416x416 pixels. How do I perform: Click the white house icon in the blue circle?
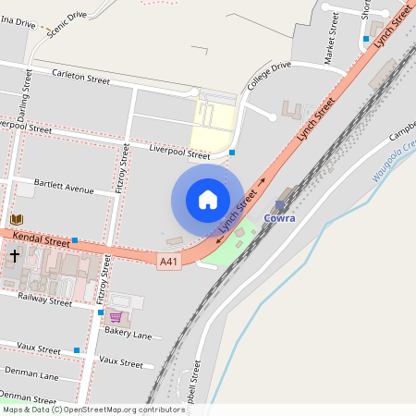[x=208, y=200]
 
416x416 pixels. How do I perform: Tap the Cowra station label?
[x=280, y=218]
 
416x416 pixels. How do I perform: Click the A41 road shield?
[x=168, y=262]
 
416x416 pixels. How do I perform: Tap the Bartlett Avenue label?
[x=64, y=189]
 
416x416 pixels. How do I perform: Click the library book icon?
[x=17, y=219]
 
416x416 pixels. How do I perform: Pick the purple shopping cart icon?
[x=116, y=316]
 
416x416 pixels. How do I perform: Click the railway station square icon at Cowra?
[x=280, y=204]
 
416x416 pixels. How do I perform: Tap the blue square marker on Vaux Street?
[x=77, y=350]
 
